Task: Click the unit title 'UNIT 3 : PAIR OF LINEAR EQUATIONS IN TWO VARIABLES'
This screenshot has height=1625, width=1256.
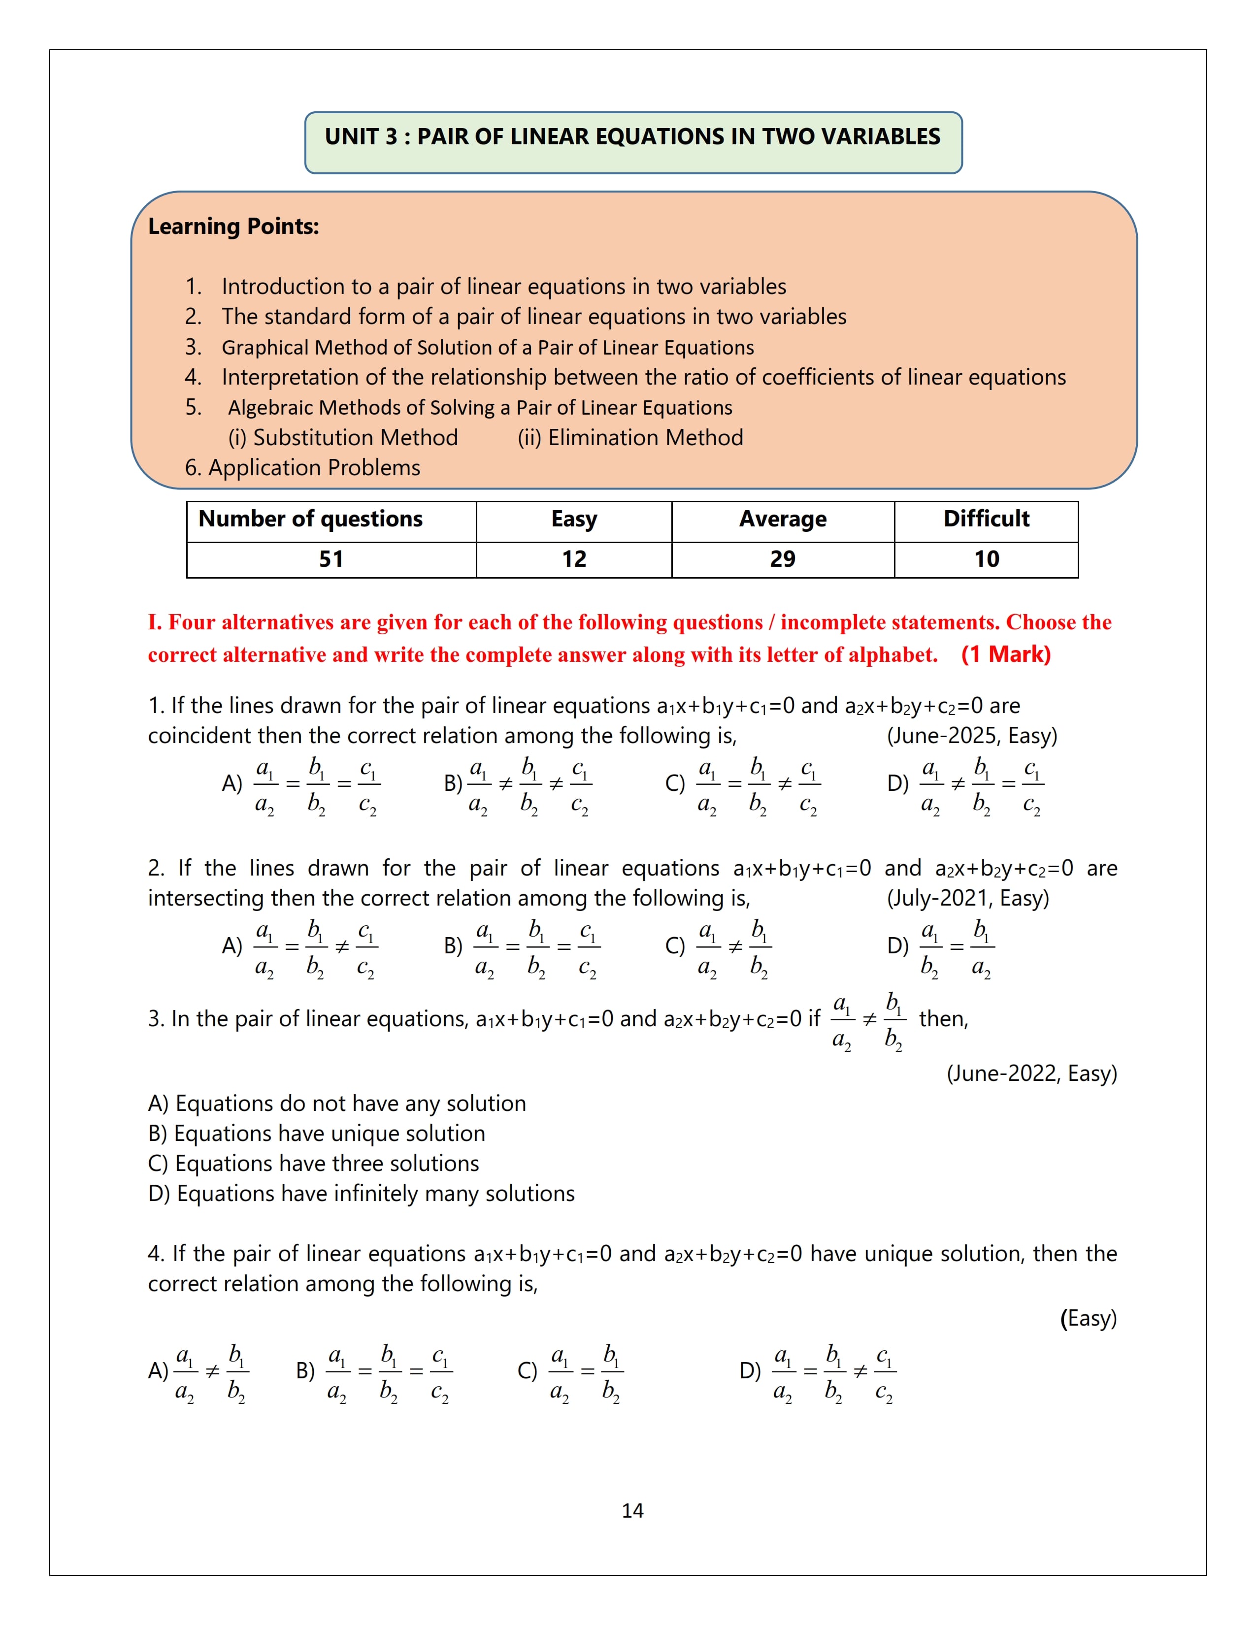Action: click(x=632, y=137)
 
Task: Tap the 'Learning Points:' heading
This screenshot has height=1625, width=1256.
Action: click(x=233, y=226)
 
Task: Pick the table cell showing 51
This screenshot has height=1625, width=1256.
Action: click(x=331, y=559)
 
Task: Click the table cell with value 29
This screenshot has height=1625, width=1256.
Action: click(x=782, y=559)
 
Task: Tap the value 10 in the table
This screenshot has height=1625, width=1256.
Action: click(x=986, y=559)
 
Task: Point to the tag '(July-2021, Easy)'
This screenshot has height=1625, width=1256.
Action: click(x=967, y=899)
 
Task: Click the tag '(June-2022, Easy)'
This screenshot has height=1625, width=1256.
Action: click(x=1031, y=1073)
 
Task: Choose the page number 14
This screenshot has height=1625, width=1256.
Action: click(x=632, y=1510)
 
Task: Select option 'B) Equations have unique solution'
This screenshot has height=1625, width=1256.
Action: click(x=316, y=1134)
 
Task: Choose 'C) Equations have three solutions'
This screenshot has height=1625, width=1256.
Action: click(x=313, y=1164)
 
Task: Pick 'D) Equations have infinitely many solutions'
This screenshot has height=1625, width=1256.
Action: click(x=361, y=1194)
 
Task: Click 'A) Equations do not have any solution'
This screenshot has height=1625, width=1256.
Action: click(x=336, y=1104)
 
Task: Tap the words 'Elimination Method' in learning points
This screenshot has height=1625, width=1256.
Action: click(x=645, y=437)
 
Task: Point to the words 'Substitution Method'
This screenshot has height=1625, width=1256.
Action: click(x=355, y=437)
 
